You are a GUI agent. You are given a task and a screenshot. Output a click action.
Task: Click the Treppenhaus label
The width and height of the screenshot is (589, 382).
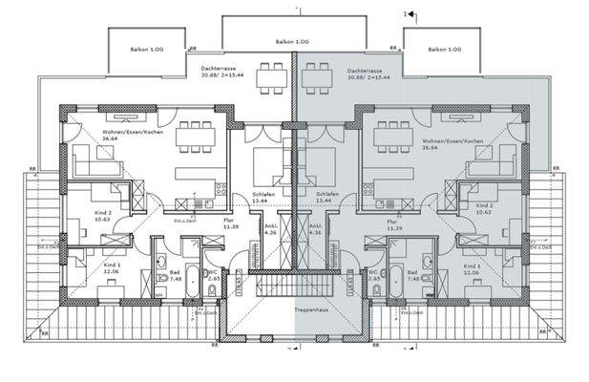[295, 312]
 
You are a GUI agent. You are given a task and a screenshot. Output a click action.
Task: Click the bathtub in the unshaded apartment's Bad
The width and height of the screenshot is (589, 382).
[192, 283]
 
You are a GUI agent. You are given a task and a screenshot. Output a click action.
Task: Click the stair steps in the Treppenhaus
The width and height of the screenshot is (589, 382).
[295, 286]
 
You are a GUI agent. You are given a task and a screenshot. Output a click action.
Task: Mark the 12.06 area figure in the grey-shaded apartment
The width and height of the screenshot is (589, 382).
[471, 272]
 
